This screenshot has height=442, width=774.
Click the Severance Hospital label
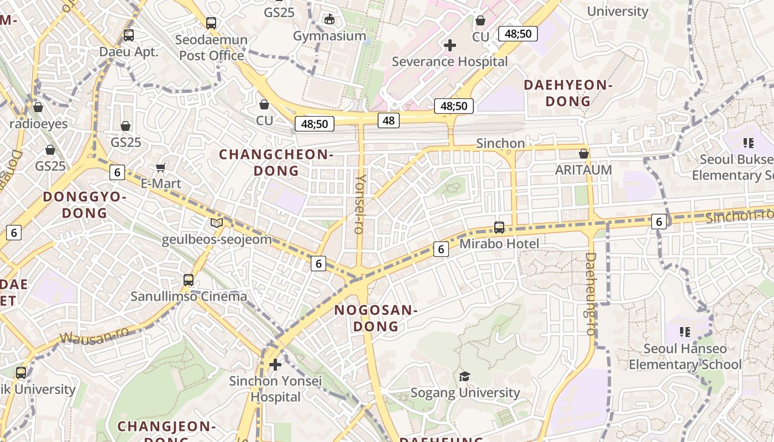[x=449, y=61]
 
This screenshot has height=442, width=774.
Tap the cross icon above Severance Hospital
[x=451, y=45]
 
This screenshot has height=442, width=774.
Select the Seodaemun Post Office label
[x=212, y=48]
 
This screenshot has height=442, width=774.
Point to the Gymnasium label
[x=330, y=36]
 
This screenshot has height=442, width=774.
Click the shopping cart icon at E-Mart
[x=161, y=167]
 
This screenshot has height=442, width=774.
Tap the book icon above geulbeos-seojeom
[x=217, y=223]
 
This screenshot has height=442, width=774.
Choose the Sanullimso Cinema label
[x=189, y=296]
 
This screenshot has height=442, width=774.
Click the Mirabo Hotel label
[x=499, y=243]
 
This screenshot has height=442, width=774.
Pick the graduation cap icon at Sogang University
[x=465, y=377]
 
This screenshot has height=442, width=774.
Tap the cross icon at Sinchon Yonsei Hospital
[x=275, y=365]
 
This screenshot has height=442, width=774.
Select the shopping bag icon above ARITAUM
[x=583, y=154]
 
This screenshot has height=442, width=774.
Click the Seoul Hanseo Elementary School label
[x=685, y=356]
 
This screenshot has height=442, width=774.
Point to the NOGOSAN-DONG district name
[x=375, y=318]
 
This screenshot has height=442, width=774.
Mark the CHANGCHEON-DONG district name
[x=276, y=162]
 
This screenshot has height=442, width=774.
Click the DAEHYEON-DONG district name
[x=568, y=93]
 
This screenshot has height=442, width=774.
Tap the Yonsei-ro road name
[x=360, y=204]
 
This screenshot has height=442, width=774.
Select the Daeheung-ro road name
[x=590, y=294]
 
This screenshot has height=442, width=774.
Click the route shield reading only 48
[x=389, y=120]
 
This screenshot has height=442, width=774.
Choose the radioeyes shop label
[x=39, y=124]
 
